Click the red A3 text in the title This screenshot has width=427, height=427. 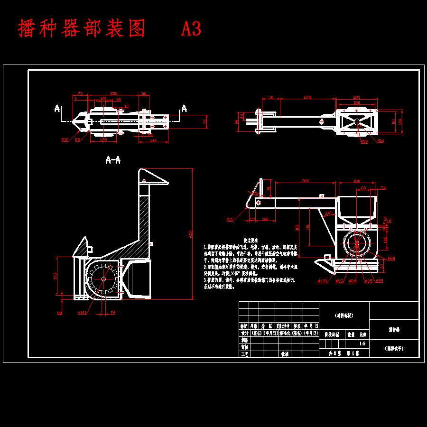(191, 29)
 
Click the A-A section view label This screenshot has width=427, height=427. (113, 160)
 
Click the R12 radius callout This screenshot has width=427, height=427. (65, 139)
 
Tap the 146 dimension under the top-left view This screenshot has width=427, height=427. (153, 141)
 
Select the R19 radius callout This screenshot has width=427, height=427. (364, 141)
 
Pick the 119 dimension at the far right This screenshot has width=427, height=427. (400, 121)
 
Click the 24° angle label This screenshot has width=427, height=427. (327, 213)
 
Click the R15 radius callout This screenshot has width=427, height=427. (230, 220)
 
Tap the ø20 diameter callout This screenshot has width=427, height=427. (380, 281)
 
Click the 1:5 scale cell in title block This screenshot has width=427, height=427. (362, 343)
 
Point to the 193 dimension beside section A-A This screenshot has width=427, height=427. (56, 275)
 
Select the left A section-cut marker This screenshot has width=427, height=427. (57, 109)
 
